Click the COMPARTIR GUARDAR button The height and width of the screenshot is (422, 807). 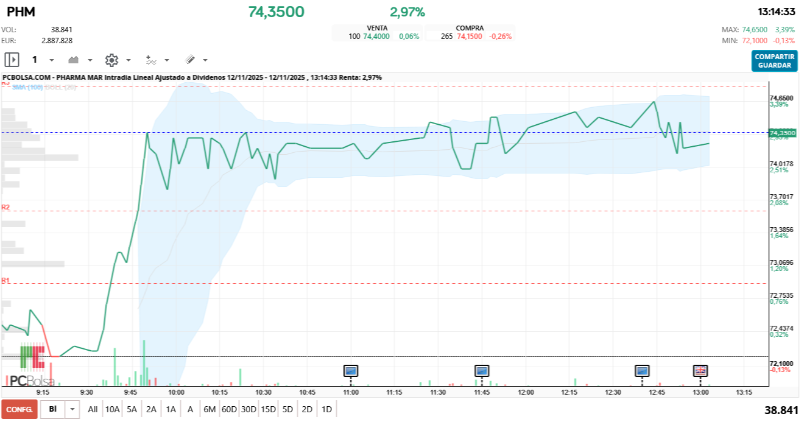pos(774,61)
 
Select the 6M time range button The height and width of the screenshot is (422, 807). pos(210,409)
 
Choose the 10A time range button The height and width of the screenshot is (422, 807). pos(112,409)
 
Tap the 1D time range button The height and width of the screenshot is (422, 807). pos(326,409)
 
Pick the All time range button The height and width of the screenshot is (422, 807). pos(93,409)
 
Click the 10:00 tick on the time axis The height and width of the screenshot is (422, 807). pos(177,393)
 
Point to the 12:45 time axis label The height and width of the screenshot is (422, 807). pos(657,393)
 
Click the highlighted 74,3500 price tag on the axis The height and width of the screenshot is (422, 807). pos(783,133)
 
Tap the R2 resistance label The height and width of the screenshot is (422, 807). pos(5,207)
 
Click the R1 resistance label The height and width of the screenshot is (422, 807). pos(5,280)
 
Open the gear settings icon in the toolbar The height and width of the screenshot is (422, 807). pos(111,60)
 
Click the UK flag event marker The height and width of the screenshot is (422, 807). pos(700,370)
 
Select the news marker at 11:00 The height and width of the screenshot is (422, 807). pos(351,370)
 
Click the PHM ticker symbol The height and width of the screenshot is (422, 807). pos(21,12)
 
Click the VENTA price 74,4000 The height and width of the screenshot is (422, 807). pos(376,37)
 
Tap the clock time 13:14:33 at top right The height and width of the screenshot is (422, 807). pos(776,12)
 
